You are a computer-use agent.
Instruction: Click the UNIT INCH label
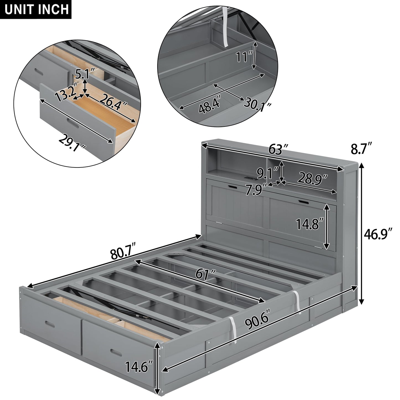tap(36, 9)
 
